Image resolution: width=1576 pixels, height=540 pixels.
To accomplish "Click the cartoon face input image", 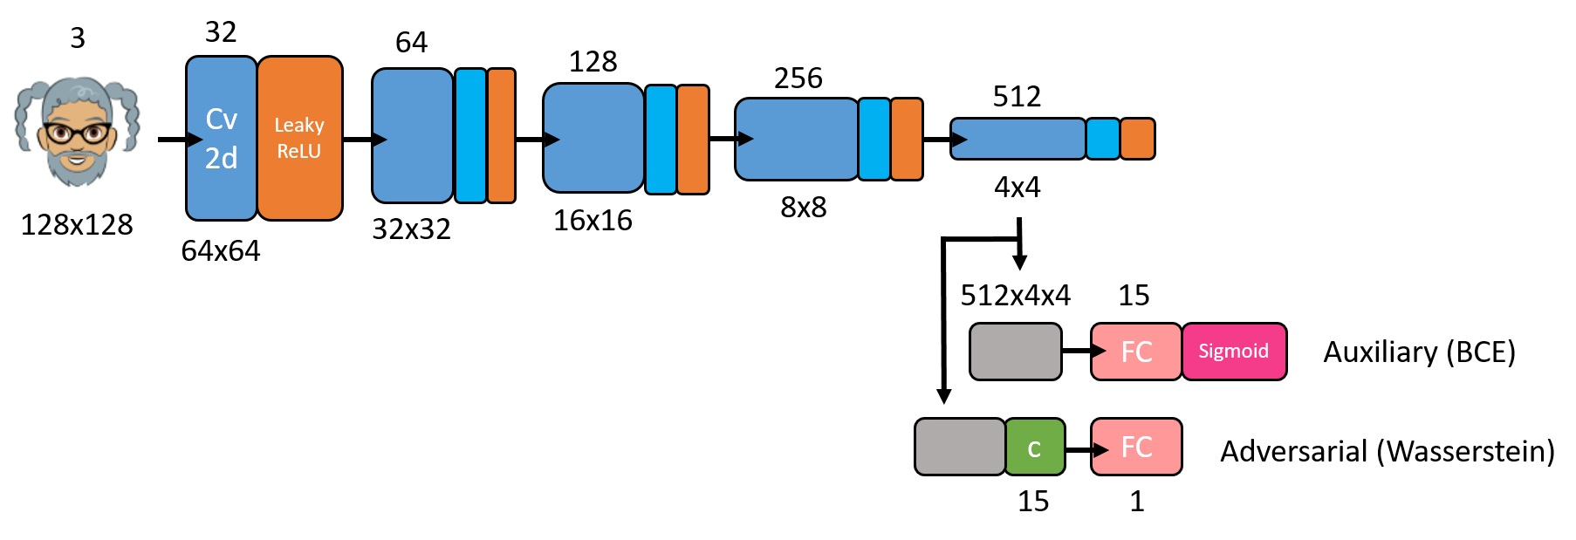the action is (77, 131).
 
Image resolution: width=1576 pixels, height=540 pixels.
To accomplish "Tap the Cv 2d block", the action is (222, 138).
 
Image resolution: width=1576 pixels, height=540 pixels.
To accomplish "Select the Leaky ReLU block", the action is (299, 138).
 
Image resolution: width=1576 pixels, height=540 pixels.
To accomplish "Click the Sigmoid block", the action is (1234, 352).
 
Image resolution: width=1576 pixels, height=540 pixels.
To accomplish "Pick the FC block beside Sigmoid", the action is (1136, 352).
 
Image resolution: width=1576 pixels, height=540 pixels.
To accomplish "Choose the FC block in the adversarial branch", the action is (1136, 447).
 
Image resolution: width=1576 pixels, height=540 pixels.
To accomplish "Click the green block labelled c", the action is (1035, 447).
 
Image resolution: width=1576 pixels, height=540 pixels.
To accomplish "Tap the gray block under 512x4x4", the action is (1016, 352).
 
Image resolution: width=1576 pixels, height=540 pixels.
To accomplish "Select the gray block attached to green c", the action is (960, 447).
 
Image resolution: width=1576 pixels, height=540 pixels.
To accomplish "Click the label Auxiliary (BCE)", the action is (1419, 352).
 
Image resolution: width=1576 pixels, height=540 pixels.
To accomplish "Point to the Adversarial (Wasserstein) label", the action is (1388, 452).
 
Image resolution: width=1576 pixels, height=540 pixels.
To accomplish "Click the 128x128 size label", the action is (77, 225).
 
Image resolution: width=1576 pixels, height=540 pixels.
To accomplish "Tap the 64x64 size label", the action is (221, 251).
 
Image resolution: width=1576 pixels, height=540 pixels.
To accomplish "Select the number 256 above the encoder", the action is (798, 79).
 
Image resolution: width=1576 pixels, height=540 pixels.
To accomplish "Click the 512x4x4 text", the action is (1016, 296).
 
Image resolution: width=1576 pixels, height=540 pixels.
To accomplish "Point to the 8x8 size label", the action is (804, 208).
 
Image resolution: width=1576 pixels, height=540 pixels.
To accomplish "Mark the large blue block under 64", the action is (413, 135).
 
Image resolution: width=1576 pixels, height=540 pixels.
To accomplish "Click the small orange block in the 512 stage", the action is (1137, 139).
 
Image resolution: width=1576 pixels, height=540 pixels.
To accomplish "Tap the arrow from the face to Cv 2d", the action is (180, 139).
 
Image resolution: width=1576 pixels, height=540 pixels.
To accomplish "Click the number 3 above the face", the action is (78, 38).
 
